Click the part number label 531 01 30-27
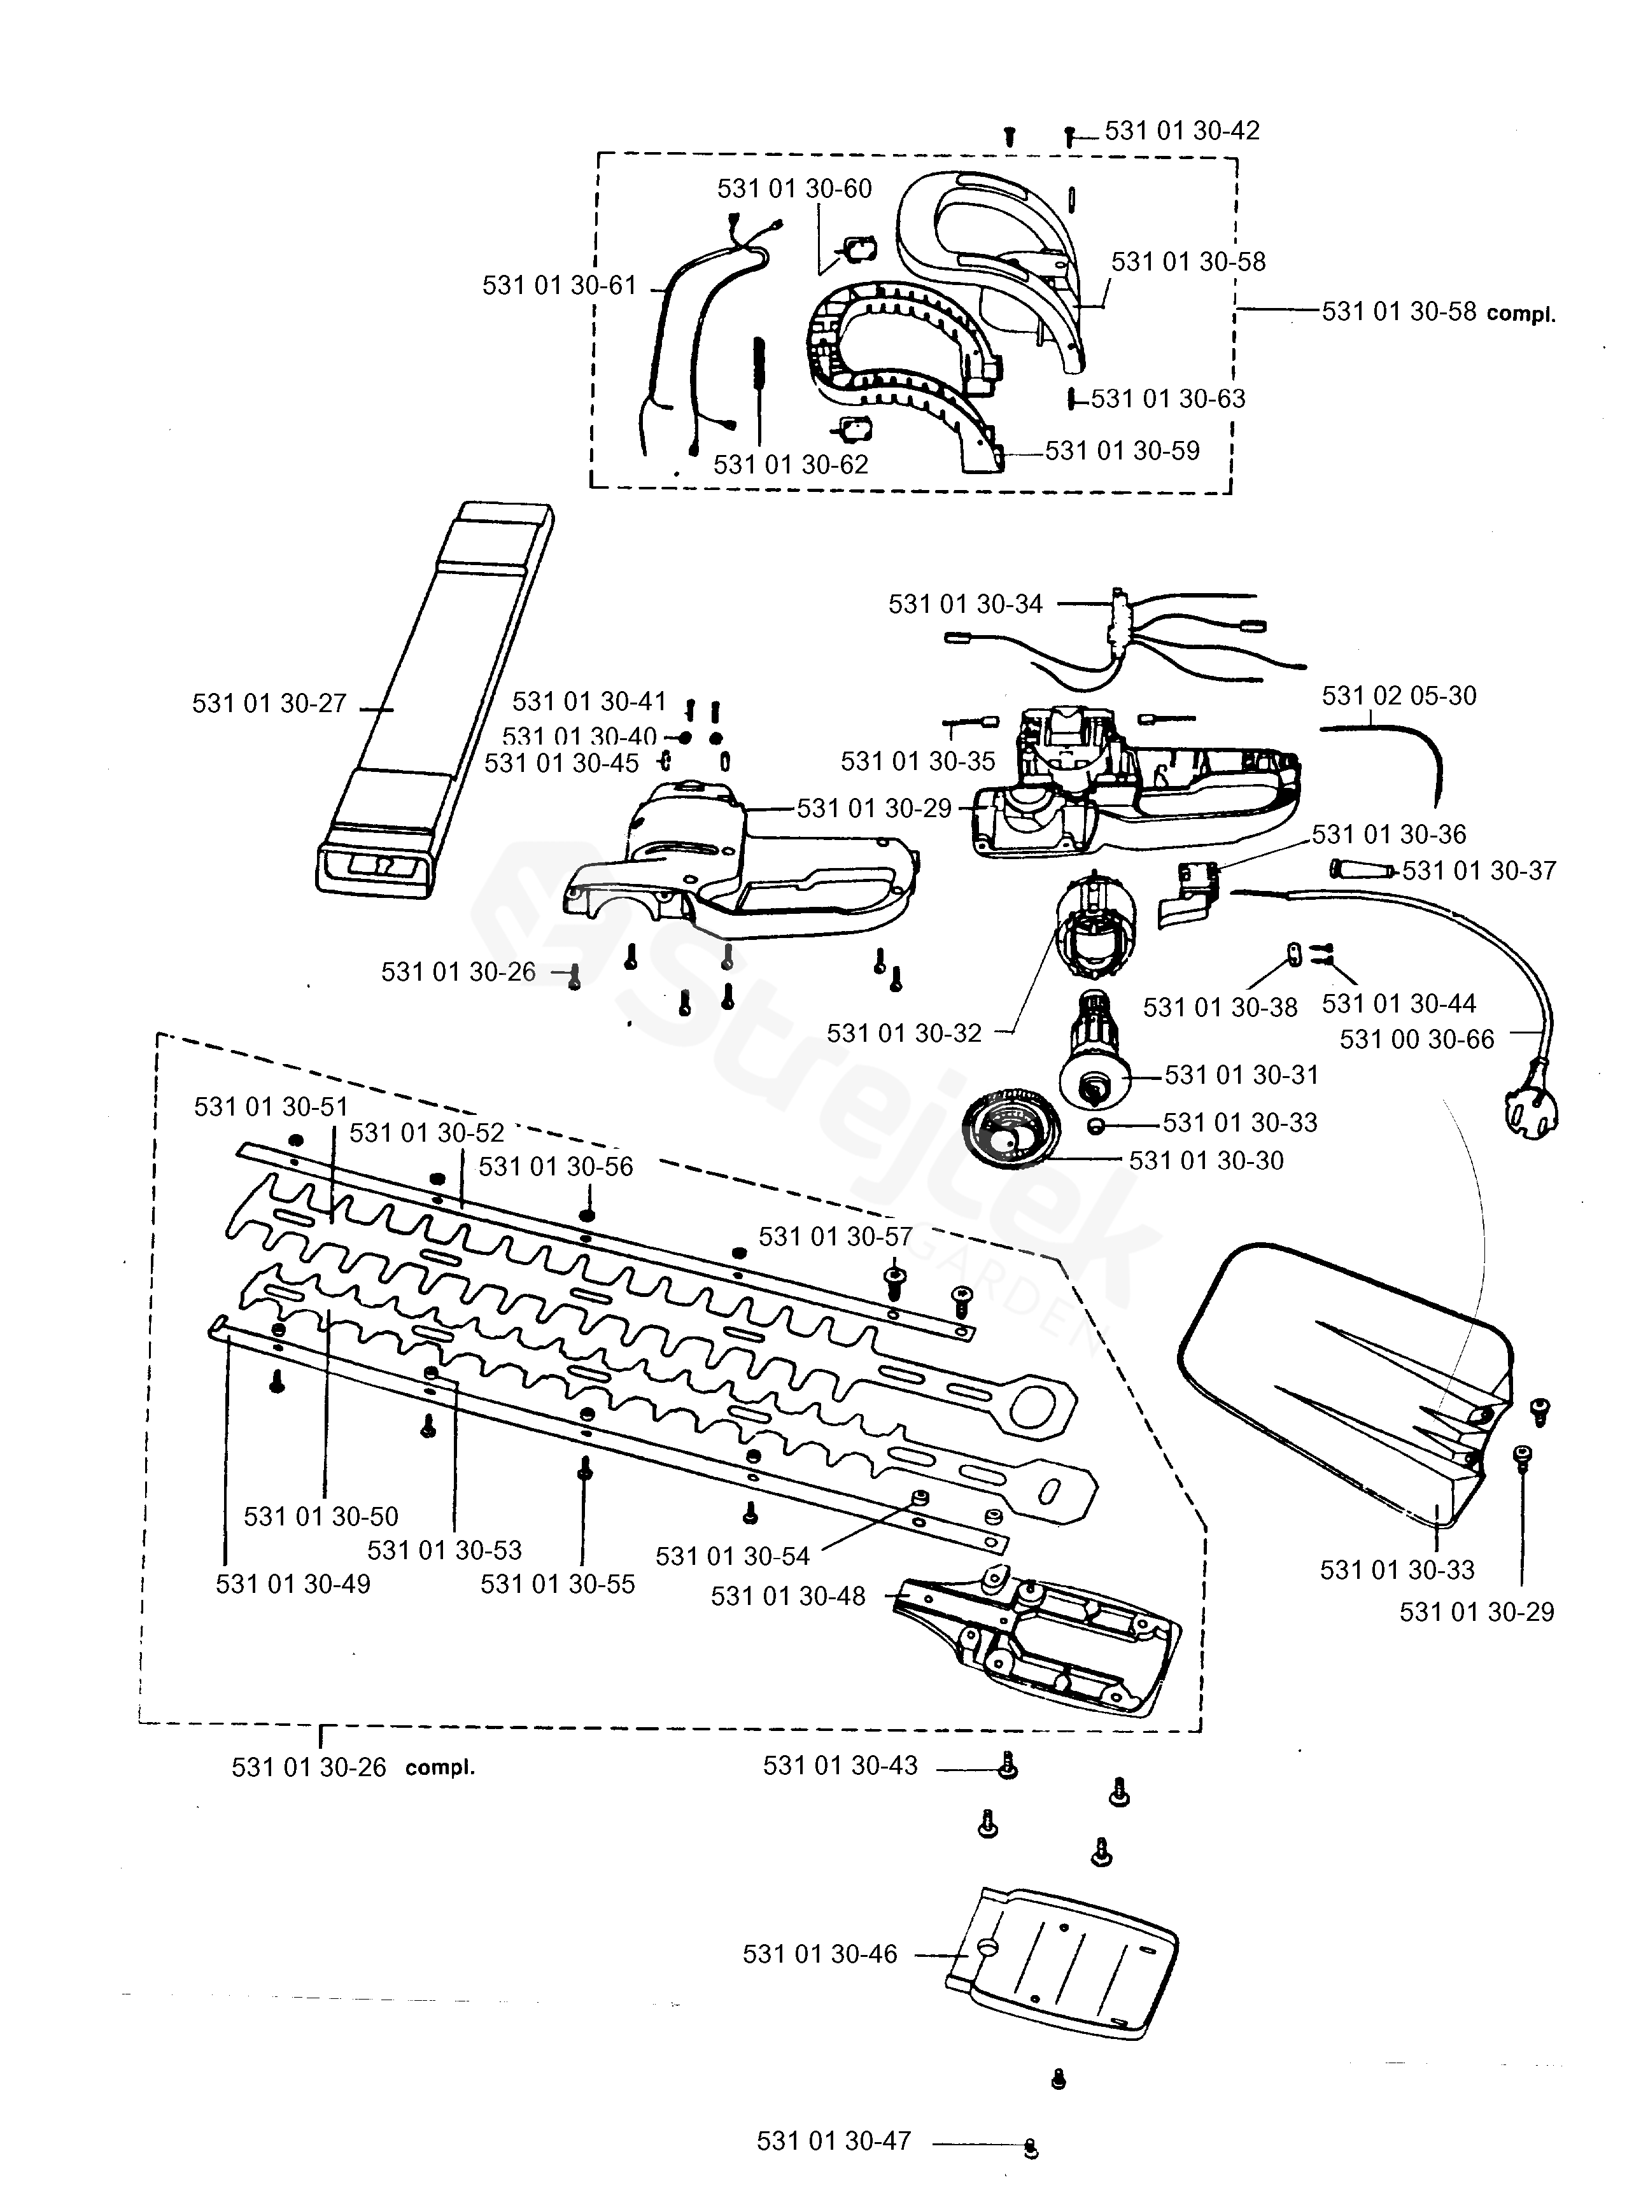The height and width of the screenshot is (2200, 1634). click(x=269, y=703)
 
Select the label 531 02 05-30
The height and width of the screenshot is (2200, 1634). click(x=1398, y=696)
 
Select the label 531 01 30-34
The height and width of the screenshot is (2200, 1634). click(x=966, y=604)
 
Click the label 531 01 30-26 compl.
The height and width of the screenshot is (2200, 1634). click(x=353, y=1767)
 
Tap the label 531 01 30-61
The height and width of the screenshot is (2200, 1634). click(x=559, y=286)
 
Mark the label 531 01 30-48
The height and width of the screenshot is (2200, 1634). click(x=787, y=1596)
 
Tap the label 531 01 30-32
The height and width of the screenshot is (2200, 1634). click(x=904, y=1033)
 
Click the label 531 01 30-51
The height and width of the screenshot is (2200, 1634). click(x=271, y=1107)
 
